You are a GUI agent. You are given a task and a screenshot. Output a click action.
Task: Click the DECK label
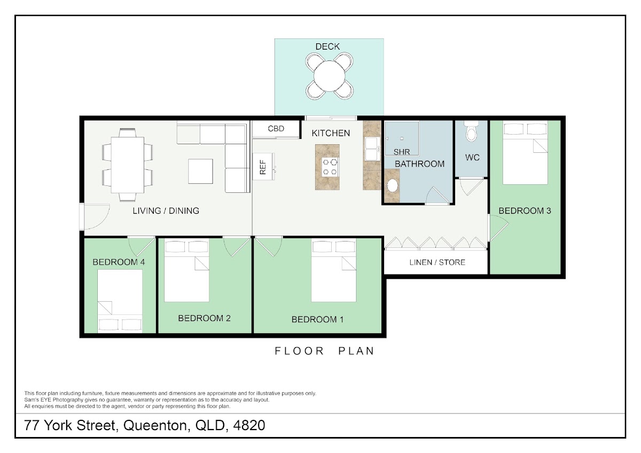pos(327,46)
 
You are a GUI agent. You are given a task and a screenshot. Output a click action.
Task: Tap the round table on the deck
pos(330,76)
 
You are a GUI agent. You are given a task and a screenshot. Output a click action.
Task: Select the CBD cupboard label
pos(276,129)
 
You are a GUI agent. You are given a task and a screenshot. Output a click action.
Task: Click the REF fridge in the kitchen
pos(263,167)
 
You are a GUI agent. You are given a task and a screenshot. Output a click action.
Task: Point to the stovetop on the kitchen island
pos(330,167)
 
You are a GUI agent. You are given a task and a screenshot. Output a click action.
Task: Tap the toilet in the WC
pos(471,131)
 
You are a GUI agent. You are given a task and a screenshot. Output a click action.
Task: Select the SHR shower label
pos(402,152)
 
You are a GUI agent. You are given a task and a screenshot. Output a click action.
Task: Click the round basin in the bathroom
pos(392,185)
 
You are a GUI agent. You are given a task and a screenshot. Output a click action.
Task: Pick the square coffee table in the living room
pos(200,171)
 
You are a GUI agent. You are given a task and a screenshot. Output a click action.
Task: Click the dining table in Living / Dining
pos(128,165)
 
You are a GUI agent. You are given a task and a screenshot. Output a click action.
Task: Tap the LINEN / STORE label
pos(437,262)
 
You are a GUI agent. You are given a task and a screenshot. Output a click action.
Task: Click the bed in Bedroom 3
pos(526,153)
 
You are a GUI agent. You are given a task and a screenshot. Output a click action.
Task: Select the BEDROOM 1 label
pos(317,319)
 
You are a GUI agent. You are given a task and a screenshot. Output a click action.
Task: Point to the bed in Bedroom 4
pos(120,301)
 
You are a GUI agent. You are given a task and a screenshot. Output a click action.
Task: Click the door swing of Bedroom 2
pos(236,247)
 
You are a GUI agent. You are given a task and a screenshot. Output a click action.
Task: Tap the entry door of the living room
pos(95,217)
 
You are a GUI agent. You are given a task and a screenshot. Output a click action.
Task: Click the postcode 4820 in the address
pos(249,425)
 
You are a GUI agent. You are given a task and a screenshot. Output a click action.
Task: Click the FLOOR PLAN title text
pos(325,351)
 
